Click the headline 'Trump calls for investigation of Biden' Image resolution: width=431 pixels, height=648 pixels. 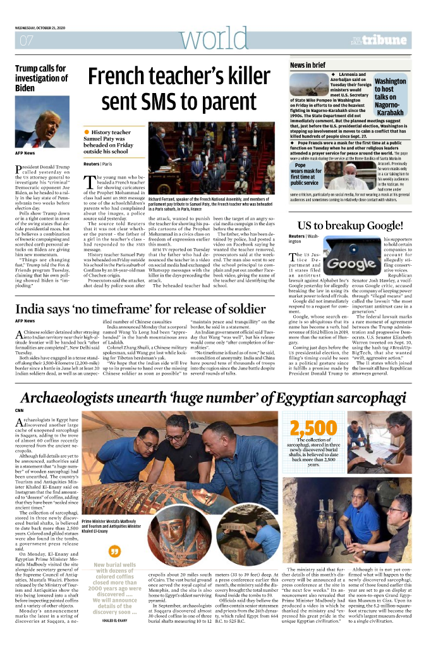point(42,78)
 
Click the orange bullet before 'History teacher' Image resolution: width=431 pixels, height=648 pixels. point(87,132)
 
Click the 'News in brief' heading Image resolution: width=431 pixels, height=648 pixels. point(308,65)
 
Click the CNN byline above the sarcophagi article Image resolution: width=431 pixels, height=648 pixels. point(19,411)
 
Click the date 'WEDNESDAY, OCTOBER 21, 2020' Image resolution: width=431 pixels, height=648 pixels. point(47,28)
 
